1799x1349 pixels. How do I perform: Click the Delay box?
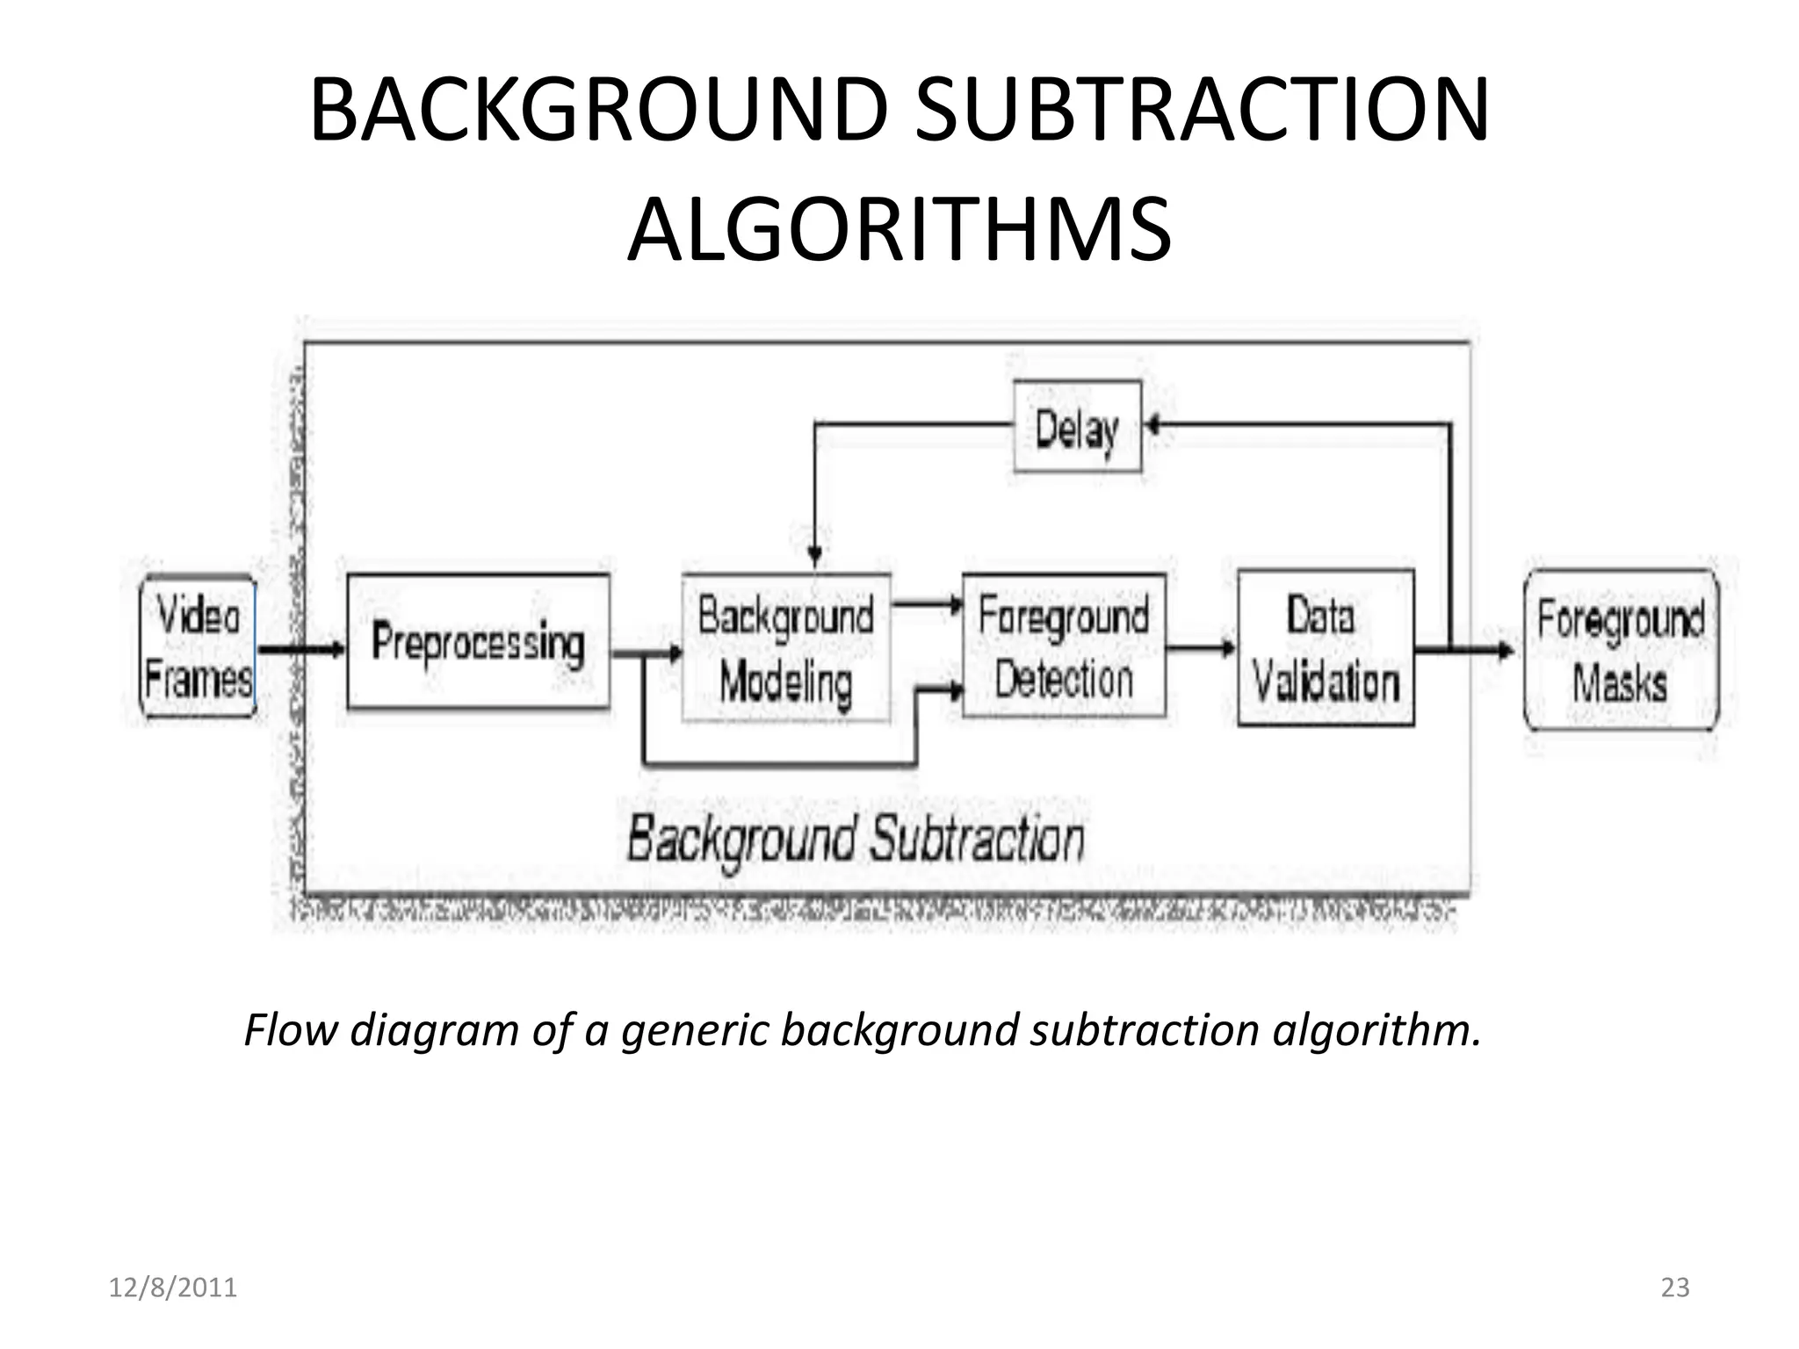coord(1078,428)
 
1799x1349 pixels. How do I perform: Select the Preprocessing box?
coord(478,642)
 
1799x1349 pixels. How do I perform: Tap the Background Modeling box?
coord(786,648)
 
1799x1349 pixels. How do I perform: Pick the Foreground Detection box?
coord(1064,646)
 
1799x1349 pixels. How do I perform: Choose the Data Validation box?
coord(1326,648)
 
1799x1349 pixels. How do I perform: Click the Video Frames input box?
coord(199,646)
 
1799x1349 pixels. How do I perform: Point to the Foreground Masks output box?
coord(1621,650)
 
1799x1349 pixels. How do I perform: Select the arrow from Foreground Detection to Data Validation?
coord(1201,649)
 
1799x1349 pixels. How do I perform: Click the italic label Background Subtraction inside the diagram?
coord(856,840)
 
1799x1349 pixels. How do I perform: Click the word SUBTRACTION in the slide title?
coord(1202,112)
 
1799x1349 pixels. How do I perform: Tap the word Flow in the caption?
coord(290,1030)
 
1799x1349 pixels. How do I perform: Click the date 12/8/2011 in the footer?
coord(173,1288)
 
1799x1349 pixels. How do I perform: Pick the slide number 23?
coord(1675,1288)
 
